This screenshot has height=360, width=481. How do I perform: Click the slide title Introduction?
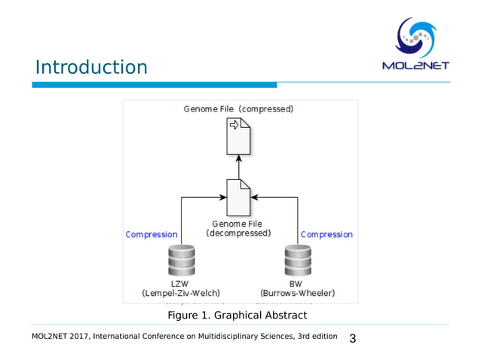click(91, 68)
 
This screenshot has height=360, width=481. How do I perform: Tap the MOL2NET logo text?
click(416, 65)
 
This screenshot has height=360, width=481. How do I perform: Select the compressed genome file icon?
click(239, 136)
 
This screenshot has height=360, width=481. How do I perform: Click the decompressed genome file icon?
click(238, 197)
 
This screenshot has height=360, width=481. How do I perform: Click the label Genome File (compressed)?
click(238, 109)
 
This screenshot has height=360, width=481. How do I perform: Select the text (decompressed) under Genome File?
click(238, 233)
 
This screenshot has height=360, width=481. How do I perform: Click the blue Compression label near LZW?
click(152, 235)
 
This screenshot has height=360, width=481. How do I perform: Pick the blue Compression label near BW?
click(326, 235)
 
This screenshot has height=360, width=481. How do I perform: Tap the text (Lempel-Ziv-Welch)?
click(182, 293)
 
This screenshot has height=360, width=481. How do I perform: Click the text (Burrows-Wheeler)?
click(297, 293)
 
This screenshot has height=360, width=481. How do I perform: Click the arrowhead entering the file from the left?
click(223, 197)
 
